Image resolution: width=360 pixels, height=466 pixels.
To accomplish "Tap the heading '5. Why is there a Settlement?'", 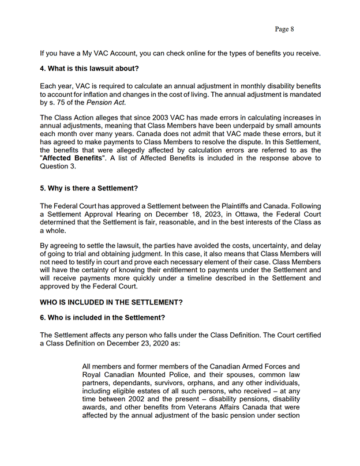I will coord(89,189).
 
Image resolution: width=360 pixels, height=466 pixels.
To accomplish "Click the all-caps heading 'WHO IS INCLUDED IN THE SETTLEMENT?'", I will coord(111,302).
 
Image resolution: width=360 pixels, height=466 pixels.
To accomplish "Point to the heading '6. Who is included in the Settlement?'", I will coord(102,318).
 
